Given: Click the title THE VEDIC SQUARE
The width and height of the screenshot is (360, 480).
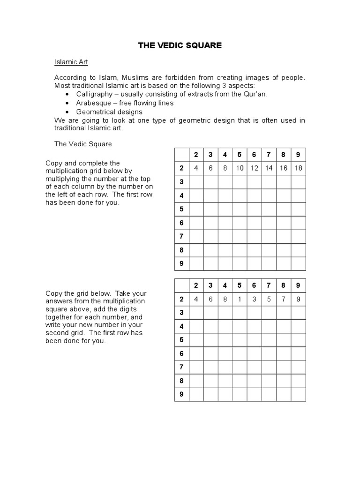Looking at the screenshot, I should click(180, 45).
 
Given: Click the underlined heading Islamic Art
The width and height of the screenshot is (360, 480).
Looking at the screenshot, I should click(71, 62).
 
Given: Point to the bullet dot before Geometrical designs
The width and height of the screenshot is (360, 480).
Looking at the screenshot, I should click(67, 112).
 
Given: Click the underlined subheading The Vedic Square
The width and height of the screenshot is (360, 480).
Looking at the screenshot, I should click(83, 144).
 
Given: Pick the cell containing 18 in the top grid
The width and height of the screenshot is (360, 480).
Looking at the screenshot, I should click(298, 168).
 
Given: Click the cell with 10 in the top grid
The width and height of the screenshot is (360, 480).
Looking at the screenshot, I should click(240, 168).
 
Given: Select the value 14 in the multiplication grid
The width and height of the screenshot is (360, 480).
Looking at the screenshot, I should click(269, 168).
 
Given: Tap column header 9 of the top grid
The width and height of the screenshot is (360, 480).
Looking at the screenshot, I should click(298, 155).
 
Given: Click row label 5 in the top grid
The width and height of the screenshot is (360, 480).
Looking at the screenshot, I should click(181, 209).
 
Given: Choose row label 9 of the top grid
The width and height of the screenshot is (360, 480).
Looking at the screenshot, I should click(181, 263).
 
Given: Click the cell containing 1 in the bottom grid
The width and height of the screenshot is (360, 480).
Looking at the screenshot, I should click(240, 299).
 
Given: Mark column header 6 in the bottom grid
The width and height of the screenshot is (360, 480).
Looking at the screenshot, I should click(254, 285).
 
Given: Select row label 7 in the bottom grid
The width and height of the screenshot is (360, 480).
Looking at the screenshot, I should click(181, 367).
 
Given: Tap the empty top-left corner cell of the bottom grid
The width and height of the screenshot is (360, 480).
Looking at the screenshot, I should click(181, 285).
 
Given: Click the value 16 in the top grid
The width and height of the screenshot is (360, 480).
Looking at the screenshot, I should click(284, 168).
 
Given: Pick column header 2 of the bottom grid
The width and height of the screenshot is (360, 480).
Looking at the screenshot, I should click(196, 285).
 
